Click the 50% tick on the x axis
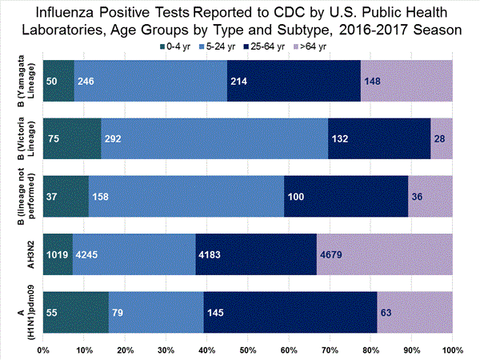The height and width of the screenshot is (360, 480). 248,350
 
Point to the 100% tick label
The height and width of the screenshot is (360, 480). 451,350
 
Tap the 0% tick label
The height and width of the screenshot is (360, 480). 44,350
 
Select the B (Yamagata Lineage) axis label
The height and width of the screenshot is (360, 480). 22,81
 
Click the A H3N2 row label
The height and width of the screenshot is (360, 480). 22,256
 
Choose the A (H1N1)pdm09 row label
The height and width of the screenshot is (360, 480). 22,314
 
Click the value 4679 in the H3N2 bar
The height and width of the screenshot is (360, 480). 332,256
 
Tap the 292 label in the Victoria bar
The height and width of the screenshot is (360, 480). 113,138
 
